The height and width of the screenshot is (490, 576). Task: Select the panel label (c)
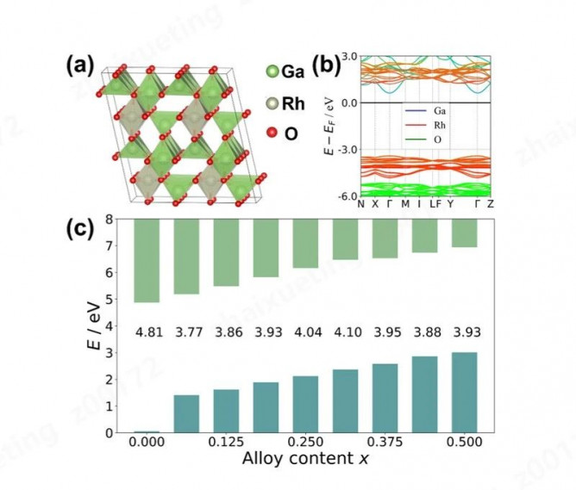pos(83,231)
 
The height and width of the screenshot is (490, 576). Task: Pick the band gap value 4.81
pos(147,332)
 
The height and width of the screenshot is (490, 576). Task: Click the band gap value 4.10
pos(345,332)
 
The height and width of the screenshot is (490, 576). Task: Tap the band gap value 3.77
pos(186,332)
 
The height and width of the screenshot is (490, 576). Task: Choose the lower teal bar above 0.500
pos(464,392)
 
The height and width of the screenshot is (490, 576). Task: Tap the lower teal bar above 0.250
pos(305,404)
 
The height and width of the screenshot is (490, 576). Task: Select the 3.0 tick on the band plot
pos(347,57)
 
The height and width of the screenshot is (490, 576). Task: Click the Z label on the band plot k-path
pos(490,204)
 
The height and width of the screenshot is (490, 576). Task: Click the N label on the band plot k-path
pos(361,204)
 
